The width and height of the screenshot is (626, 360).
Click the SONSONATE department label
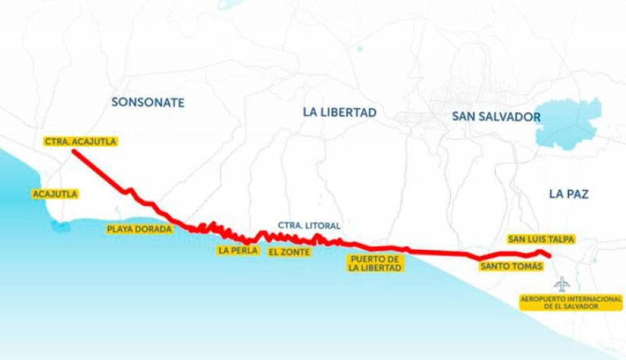(x=148, y=102)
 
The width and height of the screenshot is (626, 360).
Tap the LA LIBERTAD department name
(x=339, y=113)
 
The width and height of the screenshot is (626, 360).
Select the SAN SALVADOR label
(x=496, y=116)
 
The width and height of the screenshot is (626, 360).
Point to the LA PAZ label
(x=569, y=194)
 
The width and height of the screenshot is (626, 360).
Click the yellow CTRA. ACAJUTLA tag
(x=81, y=141)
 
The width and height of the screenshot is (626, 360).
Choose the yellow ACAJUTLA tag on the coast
(x=55, y=194)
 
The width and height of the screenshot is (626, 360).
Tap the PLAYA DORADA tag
(x=139, y=229)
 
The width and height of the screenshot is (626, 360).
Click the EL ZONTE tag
(x=289, y=252)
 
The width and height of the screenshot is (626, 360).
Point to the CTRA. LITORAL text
(x=309, y=225)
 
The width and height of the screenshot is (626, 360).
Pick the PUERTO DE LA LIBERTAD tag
(x=376, y=263)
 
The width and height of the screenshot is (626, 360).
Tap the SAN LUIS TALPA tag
(x=541, y=239)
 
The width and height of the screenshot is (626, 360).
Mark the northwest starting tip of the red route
(x=74, y=152)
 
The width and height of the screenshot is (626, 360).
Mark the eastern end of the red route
(x=549, y=256)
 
